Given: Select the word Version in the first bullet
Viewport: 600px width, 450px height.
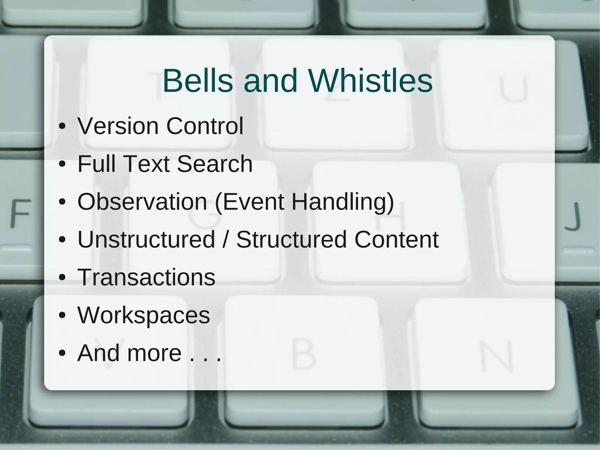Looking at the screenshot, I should pyautogui.click(x=118, y=126).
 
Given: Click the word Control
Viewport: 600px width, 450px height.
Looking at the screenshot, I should pyautogui.click(x=205, y=126).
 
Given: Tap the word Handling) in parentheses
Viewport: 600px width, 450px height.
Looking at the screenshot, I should pyautogui.click(x=343, y=202).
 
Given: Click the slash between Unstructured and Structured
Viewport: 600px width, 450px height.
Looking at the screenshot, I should pyautogui.click(x=226, y=240).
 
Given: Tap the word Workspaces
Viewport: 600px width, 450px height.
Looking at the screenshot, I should pyautogui.click(x=144, y=315).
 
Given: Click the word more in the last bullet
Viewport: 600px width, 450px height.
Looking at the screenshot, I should pyautogui.click(x=154, y=353).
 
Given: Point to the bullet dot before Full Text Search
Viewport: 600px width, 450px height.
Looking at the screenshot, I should pyautogui.click(x=62, y=164).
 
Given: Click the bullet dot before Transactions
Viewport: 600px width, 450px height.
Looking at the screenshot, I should pyautogui.click(x=62, y=278).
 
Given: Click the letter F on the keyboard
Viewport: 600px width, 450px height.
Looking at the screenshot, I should pyautogui.click(x=21, y=213).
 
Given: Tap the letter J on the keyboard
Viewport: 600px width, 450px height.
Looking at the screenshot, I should pyautogui.click(x=573, y=216).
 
